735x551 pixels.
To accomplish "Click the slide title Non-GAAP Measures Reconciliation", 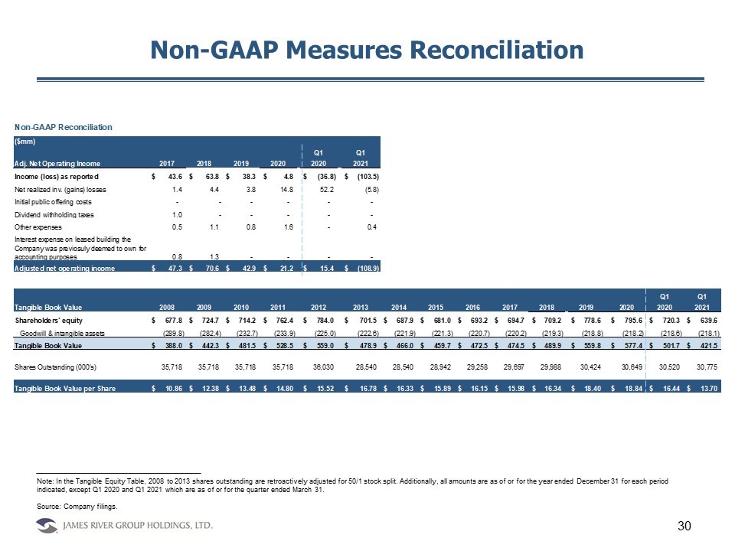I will click(367, 50).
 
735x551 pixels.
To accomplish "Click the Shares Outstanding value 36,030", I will click(320, 367).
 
